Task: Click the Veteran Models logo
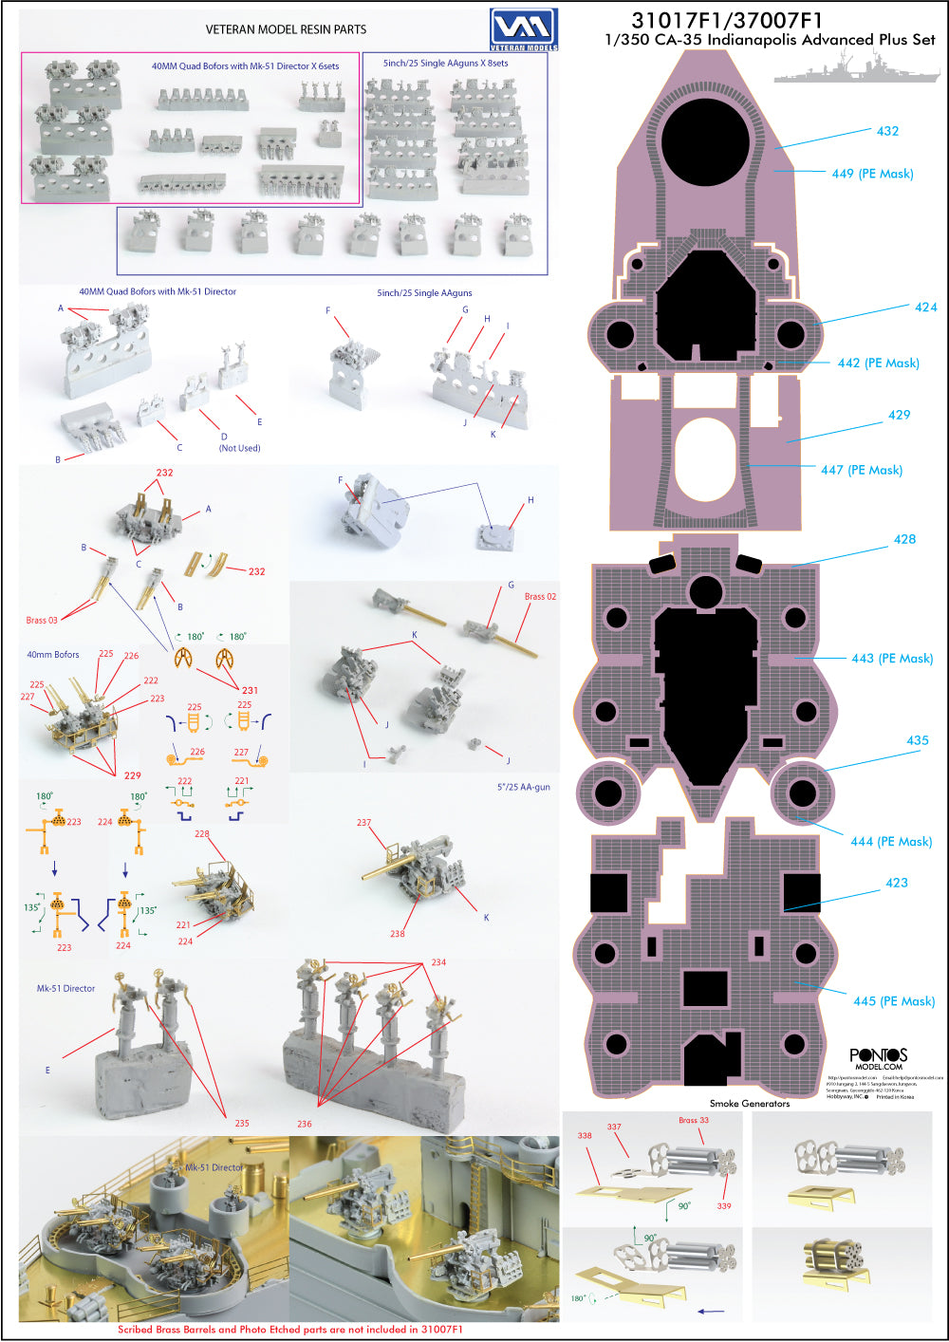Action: (x=524, y=28)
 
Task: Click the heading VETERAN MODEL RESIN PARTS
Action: (x=286, y=29)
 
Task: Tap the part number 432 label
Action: (x=887, y=131)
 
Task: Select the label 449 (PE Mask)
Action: (x=872, y=174)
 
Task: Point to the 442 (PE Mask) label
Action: (x=878, y=363)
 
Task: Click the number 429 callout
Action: (x=899, y=415)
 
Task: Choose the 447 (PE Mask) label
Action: (x=862, y=470)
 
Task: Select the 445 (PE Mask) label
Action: (x=894, y=1001)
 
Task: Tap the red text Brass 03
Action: (x=42, y=620)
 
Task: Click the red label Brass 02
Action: (x=540, y=596)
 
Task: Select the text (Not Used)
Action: (x=239, y=448)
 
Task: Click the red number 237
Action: (x=363, y=823)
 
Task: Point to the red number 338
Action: (x=584, y=1135)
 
